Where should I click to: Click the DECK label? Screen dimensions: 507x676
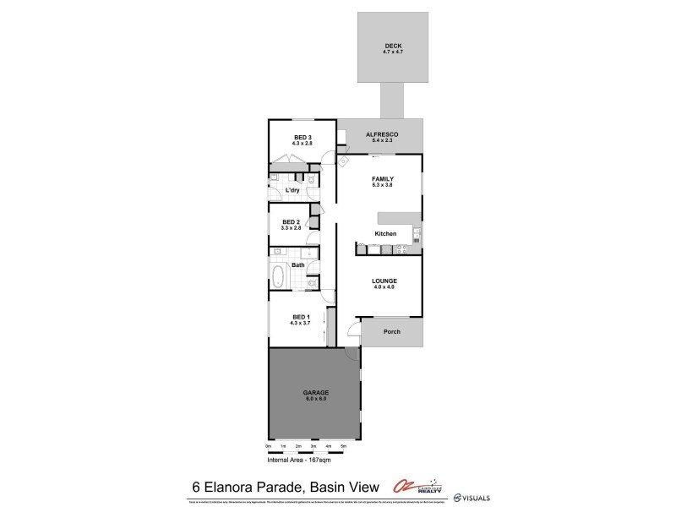coord(391,46)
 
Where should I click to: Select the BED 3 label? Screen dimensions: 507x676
coord(303,138)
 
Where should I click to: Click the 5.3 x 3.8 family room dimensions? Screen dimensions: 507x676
coord(384,184)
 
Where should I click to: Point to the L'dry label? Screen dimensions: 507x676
coord(292,190)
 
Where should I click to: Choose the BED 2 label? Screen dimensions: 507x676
coord(291,222)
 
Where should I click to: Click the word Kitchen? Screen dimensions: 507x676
coord(385,233)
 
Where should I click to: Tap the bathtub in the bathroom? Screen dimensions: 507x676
coord(278,275)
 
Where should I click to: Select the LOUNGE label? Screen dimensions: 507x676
coord(384,281)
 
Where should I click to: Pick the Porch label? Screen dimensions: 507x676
coord(391,331)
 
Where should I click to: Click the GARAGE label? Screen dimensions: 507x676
coord(315,392)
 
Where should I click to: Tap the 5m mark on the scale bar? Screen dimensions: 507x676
coord(343,445)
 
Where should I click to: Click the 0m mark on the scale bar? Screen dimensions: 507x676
coord(269,445)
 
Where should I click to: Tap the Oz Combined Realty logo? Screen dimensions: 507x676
coord(417,486)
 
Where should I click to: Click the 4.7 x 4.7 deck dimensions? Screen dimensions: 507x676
coord(391,52)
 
